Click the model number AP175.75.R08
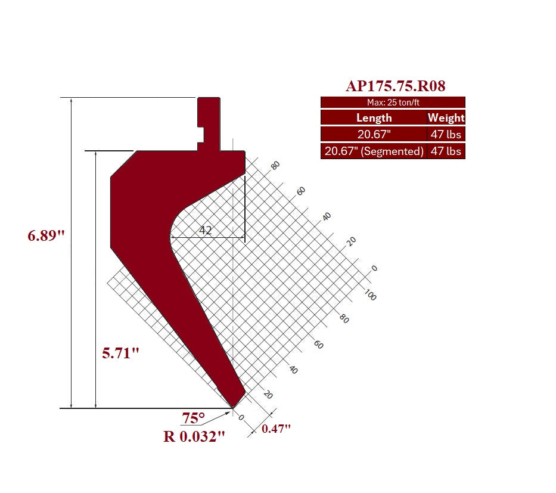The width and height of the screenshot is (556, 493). point(395,86)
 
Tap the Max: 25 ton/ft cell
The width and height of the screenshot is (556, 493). point(393,103)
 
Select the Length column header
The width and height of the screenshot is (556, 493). point(374,117)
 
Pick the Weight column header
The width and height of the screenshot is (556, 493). point(446,117)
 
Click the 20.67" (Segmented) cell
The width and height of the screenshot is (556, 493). point(374,151)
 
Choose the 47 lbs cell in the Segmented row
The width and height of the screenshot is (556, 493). point(446,151)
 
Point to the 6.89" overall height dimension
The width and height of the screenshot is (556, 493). point(46,235)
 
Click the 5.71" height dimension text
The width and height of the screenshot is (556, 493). point(120,354)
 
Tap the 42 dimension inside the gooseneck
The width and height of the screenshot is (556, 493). point(206,230)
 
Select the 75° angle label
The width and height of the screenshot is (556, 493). point(194,418)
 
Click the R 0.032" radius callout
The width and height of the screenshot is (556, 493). point(194,436)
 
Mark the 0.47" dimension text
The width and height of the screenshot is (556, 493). point(277,429)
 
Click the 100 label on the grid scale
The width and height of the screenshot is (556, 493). point(370,295)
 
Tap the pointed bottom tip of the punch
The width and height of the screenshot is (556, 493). point(232,408)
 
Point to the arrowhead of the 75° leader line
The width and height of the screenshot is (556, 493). point(228,412)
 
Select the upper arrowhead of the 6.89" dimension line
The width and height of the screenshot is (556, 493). point(72,101)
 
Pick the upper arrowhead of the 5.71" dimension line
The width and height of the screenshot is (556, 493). point(96,154)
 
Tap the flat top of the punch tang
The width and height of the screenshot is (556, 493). point(209,98)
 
